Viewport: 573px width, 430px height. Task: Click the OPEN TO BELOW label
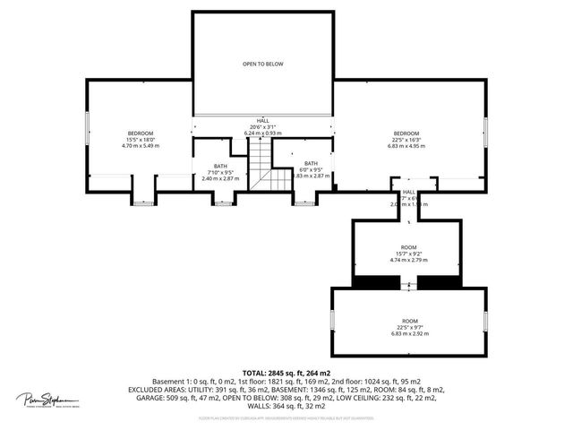(x=262, y=64)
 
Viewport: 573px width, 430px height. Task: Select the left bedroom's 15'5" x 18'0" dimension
(x=141, y=140)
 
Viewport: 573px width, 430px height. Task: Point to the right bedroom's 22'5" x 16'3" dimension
(x=406, y=140)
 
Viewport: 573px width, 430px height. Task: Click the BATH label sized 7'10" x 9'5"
(x=220, y=166)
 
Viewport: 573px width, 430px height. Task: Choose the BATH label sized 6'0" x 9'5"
(x=311, y=163)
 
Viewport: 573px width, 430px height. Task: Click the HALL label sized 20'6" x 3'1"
(x=263, y=120)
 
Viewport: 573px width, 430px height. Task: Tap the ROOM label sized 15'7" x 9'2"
(x=409, y=246)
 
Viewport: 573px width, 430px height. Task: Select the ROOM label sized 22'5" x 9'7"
(x=409, y=321)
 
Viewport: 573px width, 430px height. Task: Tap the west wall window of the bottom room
(x=333, y=320)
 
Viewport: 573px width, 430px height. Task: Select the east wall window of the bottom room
(x=484, y=320)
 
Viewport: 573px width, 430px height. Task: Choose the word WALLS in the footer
(x=266, y=407)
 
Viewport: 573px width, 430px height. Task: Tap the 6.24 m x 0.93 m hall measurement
(x=263, y=133)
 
